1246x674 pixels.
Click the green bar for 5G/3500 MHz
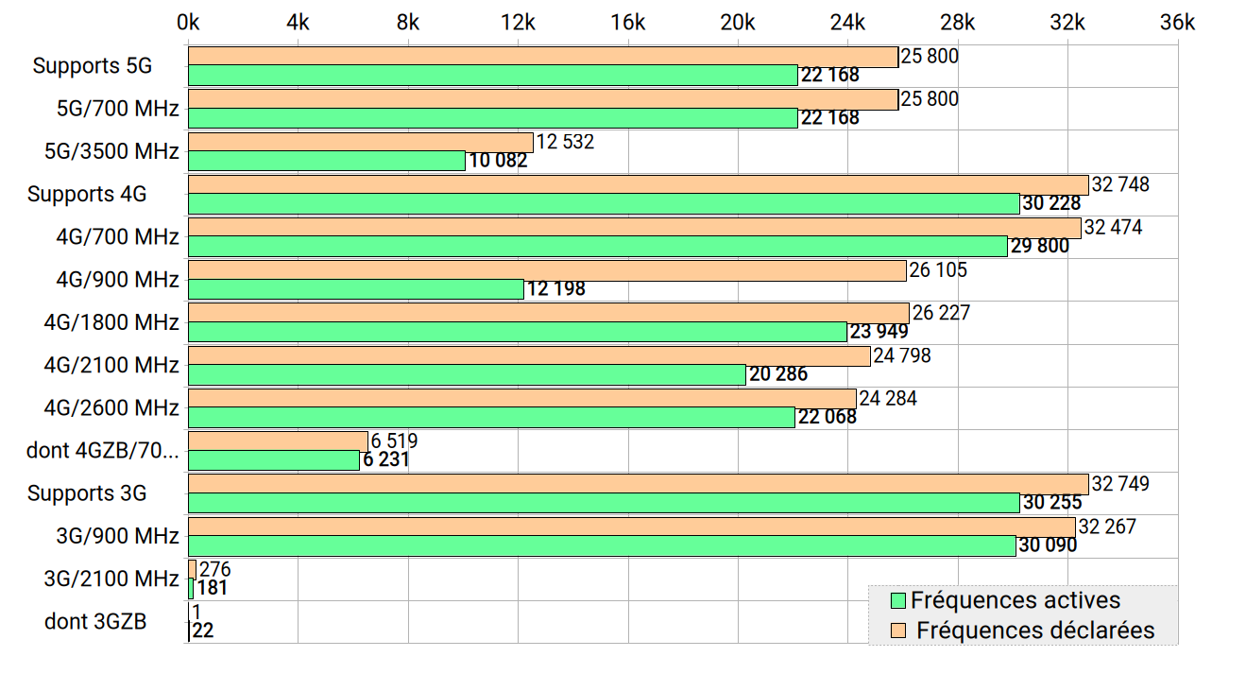327,161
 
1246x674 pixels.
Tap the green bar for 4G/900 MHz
356,289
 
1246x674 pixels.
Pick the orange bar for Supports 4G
639,185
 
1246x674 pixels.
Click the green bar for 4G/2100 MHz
467,374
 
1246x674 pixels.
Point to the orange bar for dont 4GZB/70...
278,441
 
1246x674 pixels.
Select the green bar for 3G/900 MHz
602,545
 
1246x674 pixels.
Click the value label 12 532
566,142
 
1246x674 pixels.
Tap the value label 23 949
879,332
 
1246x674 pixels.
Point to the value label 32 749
1120,484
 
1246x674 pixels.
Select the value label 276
215,569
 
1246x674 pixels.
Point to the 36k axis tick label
1177,23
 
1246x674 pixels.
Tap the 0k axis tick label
188,23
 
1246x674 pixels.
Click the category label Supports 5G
92,66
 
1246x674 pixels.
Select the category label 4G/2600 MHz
111,408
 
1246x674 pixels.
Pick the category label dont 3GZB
95,622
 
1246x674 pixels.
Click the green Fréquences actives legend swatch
897,600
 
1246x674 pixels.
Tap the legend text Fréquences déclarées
1035,630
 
